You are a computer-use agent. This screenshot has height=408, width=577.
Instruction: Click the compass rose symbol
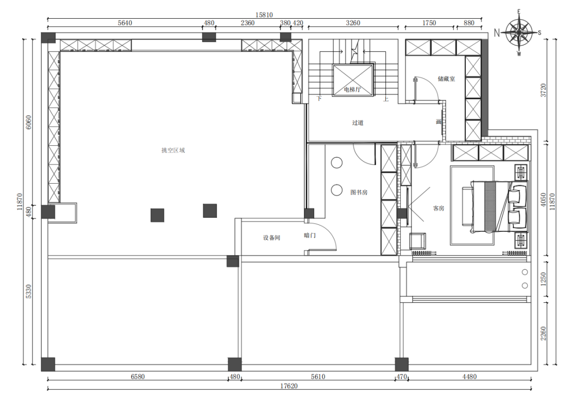point(518,33)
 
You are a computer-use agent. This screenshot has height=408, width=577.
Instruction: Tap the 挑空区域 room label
point(173,150)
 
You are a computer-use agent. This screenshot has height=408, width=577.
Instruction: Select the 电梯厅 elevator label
point(353,89)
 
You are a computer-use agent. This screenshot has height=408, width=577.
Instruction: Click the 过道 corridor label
point(357,122)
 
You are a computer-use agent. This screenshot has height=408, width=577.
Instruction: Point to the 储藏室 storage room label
point(446,79)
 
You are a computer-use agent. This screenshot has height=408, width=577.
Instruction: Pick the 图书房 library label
point(359,192)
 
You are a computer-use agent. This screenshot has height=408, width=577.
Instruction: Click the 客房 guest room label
point(439,208)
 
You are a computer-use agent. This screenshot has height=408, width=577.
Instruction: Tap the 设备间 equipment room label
point(271,238)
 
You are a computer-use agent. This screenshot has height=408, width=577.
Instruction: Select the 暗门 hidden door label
point(310,236)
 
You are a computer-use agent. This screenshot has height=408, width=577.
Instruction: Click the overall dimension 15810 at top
point(264,15)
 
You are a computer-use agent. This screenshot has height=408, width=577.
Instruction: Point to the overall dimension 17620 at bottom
point(289,386)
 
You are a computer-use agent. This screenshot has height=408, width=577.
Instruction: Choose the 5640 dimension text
point(124,23)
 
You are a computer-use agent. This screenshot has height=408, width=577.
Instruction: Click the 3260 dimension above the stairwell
point(353,23)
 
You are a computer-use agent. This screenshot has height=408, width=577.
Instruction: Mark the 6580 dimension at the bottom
point(138,376)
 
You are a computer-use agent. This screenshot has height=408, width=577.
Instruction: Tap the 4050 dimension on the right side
point(543,200)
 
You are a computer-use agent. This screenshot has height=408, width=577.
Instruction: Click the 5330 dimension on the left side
point(29,292)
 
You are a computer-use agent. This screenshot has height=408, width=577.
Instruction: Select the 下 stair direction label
point(319,99)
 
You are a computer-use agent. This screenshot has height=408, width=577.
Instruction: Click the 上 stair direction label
point(386,99)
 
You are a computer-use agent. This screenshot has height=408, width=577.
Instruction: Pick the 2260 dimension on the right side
point(543,333)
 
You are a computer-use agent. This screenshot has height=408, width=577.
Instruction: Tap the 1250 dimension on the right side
point(543,279)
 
